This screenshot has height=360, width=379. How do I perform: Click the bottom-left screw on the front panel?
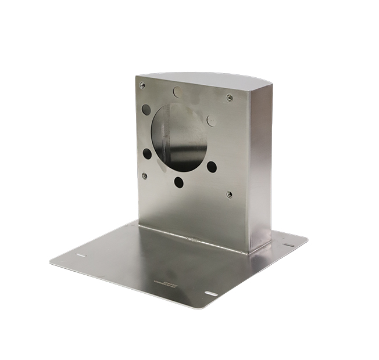pyautogui.click(x=144, y=175)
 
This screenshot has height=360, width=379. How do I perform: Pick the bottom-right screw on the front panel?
pyautogui.click(x=230, y=195)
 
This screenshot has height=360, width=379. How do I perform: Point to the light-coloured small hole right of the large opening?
pyautogui.click(x=212, y=120)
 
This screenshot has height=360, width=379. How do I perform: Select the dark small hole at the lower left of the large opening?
pyautogui.click(x=147, y=154)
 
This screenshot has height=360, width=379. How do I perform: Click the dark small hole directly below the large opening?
pyautogui.click(x=179, y=182)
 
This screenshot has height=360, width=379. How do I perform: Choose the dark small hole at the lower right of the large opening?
pyautogui.click(x=212, y=167)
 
